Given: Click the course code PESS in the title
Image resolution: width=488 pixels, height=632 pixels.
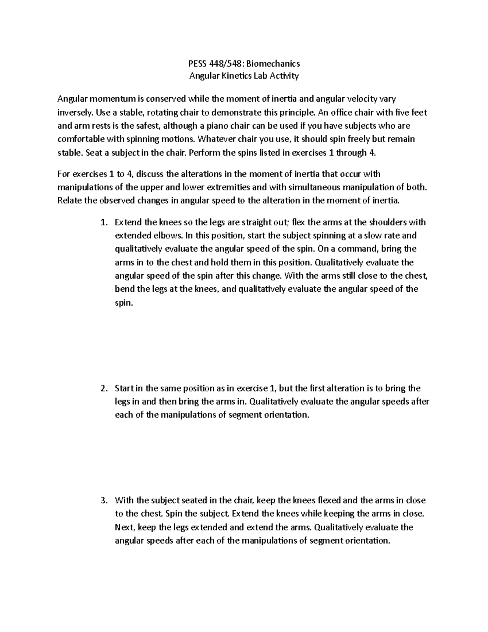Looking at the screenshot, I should click(x=197, y=63).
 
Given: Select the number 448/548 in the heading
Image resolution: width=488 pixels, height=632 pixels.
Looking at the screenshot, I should click(x=225, y=63).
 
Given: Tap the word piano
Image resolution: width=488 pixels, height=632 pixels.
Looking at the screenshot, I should click(x=212, y=126).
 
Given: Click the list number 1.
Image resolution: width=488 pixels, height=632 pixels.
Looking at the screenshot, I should click(x=104, y=223).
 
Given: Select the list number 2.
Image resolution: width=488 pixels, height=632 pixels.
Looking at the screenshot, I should click(x=104, y=388).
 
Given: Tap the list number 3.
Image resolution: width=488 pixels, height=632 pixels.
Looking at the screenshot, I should click(x=104, y=501).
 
